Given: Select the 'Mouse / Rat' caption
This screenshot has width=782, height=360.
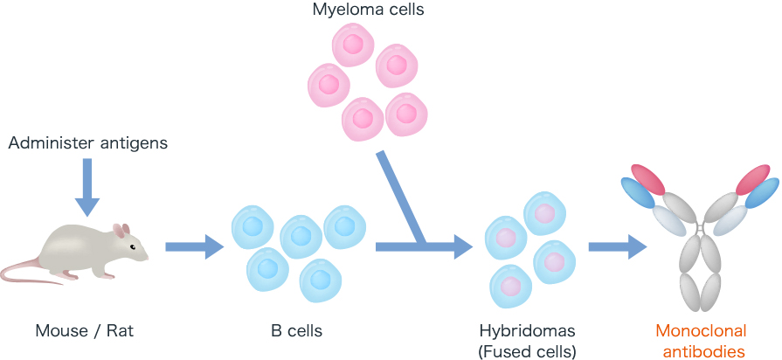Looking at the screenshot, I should (86, 331).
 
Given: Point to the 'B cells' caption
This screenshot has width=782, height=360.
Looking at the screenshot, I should (296, 331).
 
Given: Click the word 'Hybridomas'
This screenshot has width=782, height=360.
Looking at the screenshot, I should (527, 331).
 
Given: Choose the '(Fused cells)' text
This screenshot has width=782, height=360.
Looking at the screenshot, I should (527, 352).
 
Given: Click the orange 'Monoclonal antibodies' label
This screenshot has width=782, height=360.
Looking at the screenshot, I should (702, 342).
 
